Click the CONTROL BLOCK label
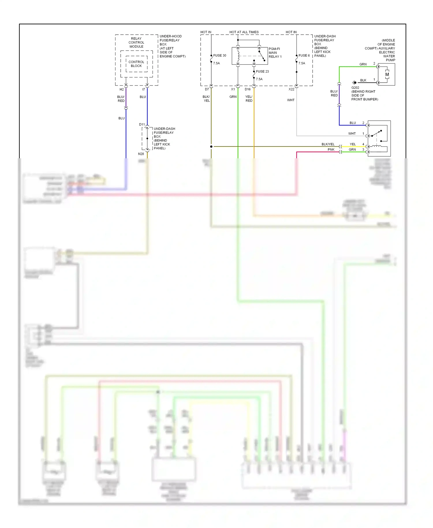(x=136, y=64)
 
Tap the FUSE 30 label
(x=219, y=55)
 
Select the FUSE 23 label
(x=262, y=71)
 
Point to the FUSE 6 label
(x=304, y=55)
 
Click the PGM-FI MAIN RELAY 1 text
(x=275, y=53)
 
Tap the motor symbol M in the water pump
(x=387, y=75)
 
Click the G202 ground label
(x=355, y=88)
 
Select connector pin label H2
(x=122, y=90)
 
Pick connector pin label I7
(x=143, y=90)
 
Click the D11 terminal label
(x=142, y=124)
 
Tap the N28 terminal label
(x=141, y=154)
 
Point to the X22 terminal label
(x=291, y=89)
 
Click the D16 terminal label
(x=248, y=89)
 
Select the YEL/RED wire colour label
(x=249, y=99)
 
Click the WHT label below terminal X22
(x=291, y=100)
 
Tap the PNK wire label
(x=331, y=150)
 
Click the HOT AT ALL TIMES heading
(x=244, y=32)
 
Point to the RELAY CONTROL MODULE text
(x=136, y=42)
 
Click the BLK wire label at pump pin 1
(x=363, y=80)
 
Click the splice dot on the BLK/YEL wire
(x=211, y=146)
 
